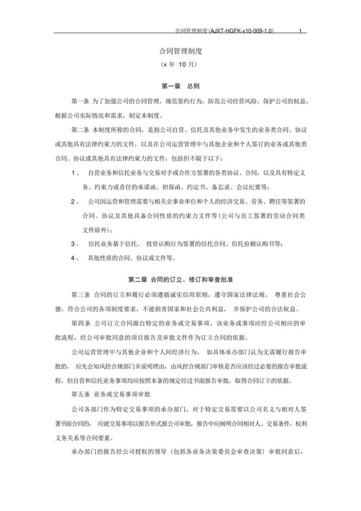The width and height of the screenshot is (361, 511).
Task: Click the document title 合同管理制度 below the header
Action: pos(180,50)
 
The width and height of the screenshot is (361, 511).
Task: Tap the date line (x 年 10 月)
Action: pos(180,65)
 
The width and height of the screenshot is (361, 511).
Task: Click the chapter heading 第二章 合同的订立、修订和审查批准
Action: pos(180,280)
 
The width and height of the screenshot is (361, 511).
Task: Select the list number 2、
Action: pos(75,202)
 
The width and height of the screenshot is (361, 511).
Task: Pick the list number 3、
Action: pos(75,242)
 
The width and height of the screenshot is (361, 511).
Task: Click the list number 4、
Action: pos(75,256)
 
